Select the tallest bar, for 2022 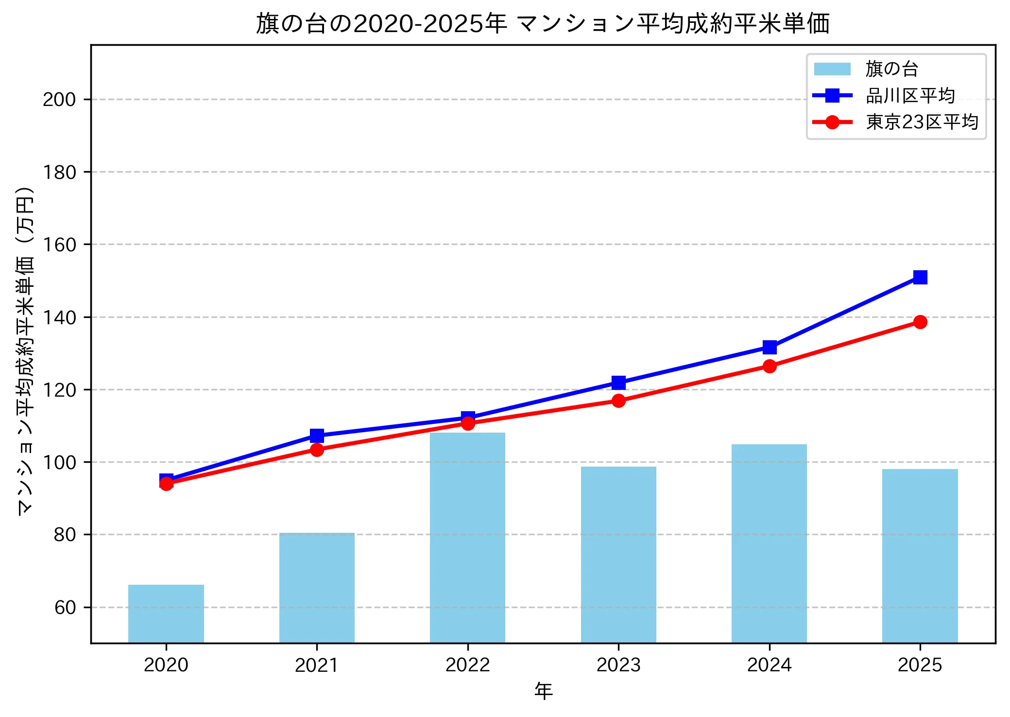point(467,537)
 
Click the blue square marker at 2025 point(920,277)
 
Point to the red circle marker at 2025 point(920,322)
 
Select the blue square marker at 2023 point(618,383)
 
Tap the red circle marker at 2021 point(317,450)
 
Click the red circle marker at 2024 point(769,366)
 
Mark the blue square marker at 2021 point(317,435)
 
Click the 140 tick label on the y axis point(59,317)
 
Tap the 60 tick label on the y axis point(65,608)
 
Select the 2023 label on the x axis point(618,665)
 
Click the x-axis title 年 point(543,691)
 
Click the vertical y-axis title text point(25,350)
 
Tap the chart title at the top point(543,23)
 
